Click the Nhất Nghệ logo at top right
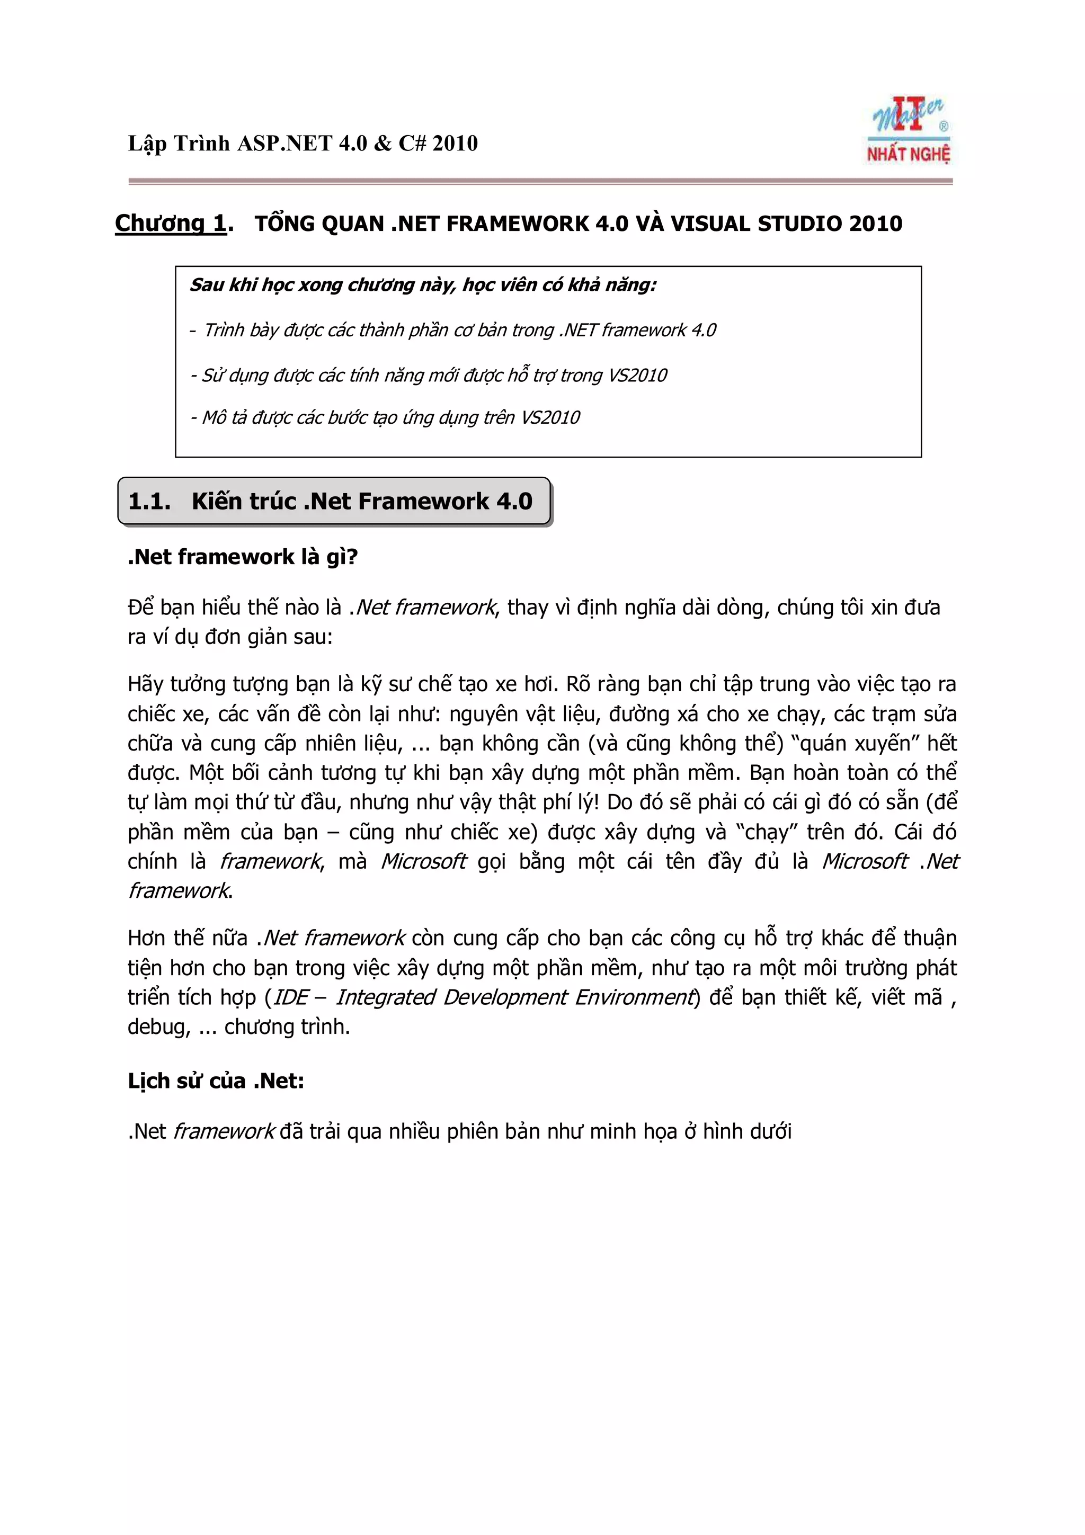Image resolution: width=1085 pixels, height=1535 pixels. click(x=909, y=131)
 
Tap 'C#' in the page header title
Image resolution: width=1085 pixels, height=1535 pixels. click(x=412, y=144)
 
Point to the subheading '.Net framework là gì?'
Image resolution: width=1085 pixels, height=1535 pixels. click(x=243, y=557)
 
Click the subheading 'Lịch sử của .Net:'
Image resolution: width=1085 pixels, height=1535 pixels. click(x=216, y=1081)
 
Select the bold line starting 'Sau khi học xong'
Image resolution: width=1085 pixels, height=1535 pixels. click(x=422, y=285)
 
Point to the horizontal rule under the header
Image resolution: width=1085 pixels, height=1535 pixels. click(x=540, y=181)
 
